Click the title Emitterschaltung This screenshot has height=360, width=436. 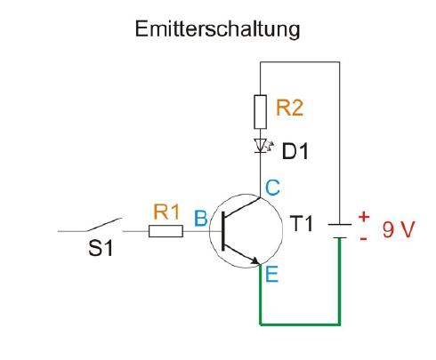(217, 29)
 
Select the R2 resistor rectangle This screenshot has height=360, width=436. (260, 112)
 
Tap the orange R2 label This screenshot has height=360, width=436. (289, 108)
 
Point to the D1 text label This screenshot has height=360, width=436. (295, 151)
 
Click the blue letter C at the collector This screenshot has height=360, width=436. (272, 188)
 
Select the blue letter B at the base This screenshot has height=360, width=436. (201, 219)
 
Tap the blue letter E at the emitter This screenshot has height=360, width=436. (272, 274)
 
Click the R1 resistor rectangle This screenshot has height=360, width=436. (166, 231)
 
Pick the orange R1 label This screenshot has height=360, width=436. (166, 212)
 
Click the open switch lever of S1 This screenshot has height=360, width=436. (103, 225)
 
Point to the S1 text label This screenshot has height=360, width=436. (101, 248)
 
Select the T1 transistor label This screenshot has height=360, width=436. (301, 223)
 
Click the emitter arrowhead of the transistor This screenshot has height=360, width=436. (255, 260)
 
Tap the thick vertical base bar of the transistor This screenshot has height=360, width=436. (223, 232)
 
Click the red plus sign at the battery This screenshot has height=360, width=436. (364, 217)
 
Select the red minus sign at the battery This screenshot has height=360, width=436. (363, 239)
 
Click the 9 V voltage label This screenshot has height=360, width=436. (398, 229)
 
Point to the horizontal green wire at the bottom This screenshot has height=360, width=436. (300, 324)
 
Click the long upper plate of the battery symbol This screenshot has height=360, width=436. (340, 225)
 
